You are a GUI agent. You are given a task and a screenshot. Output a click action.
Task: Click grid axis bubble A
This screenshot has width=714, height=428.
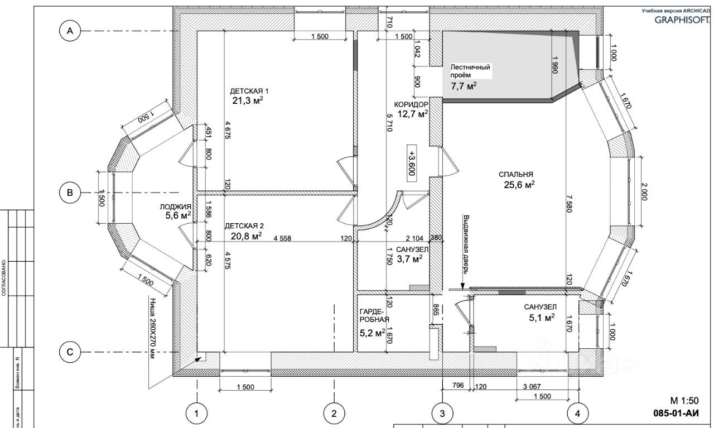(70, 32)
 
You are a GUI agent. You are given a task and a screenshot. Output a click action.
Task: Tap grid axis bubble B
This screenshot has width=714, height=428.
(70, 193)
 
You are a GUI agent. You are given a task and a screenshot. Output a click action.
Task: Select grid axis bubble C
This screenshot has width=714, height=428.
(70, 352)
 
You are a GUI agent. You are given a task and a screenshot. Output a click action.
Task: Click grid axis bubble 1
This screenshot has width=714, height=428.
(196, 413)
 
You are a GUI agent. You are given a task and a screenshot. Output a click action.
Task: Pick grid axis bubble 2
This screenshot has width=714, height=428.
(334, 413)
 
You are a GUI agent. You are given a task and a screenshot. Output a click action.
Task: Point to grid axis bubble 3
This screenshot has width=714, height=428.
(442, 413)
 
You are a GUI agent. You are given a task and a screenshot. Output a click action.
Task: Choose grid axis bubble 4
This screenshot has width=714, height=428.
(578, 413)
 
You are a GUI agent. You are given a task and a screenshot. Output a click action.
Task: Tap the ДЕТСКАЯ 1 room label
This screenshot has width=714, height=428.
(249, 90)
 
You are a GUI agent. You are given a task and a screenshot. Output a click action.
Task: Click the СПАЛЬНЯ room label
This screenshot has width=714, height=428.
(517, 174)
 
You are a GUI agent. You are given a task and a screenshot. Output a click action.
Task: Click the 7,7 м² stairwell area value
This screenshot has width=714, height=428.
(464, 86)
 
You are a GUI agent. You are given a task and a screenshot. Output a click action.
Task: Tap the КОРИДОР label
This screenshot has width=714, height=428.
(411, 104)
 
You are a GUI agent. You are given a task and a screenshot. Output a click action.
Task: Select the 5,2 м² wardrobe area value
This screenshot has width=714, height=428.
(373, 333)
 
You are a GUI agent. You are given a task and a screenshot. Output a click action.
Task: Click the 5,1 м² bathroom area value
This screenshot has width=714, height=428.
(541, 319)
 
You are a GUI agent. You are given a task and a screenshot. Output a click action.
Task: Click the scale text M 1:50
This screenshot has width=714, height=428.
(684, 401)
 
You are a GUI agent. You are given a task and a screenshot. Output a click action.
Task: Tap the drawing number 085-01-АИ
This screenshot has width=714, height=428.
(676, 414)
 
